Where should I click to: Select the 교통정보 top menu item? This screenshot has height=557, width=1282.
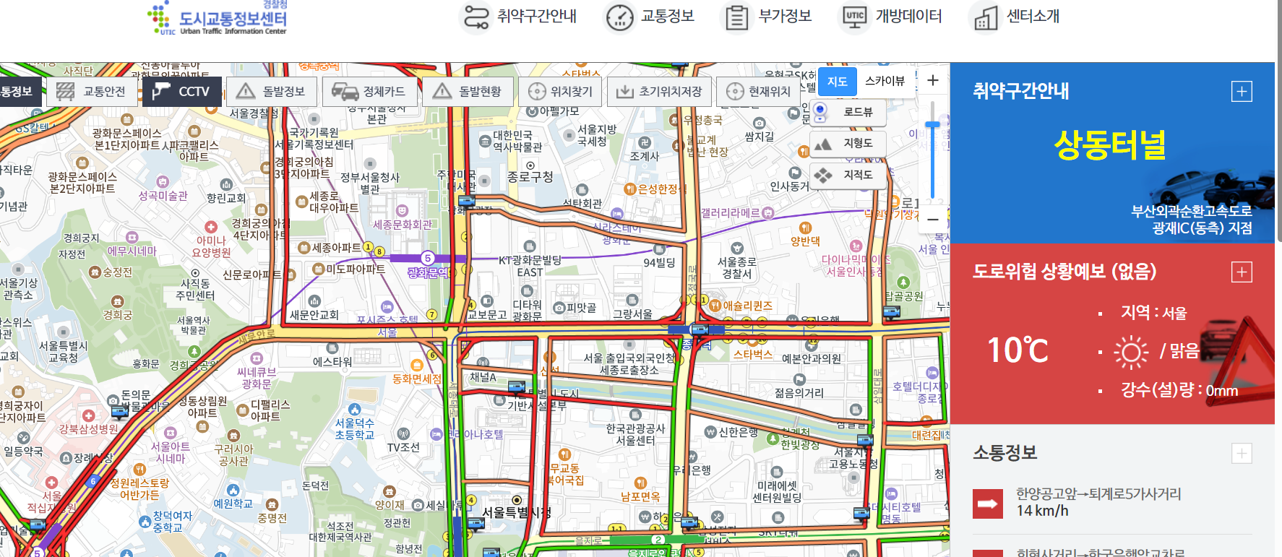(x=650, y=17)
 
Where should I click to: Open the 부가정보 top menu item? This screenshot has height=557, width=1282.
(x=769, y=17)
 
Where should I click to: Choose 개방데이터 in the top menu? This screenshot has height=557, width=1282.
(x=892, y=17)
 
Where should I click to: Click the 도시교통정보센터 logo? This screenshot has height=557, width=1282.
(x=218, y=19)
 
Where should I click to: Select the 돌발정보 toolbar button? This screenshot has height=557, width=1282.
(x=271, y=92)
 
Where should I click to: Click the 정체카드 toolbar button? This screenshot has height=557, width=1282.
(x=369, y=92)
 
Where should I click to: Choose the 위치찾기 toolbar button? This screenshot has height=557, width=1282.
(x=560, y=92)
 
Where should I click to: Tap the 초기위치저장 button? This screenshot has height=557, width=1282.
(x=659, y=92)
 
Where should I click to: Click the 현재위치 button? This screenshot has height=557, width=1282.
(x=758, y=92)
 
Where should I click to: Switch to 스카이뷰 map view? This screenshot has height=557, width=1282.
(x=885, y=81)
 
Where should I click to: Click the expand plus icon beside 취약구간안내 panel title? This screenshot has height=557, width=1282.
(x=1242, y=92)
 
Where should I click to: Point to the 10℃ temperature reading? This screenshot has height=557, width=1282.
(x=1018, y=351)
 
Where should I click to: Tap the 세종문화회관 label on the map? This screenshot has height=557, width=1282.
(x=402, y=225)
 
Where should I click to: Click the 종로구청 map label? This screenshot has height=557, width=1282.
(x=530, y=177)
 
